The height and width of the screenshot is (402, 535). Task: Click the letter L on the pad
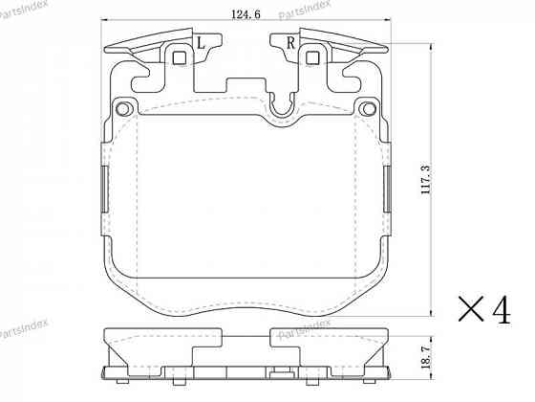[x=202, y=43]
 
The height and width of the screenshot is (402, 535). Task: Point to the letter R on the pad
[x=289, y=43]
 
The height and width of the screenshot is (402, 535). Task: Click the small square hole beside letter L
[x=179, y=57]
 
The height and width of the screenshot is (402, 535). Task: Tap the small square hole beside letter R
[x=311, y=57]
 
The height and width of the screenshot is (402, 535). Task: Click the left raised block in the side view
[x=162, y=337]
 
